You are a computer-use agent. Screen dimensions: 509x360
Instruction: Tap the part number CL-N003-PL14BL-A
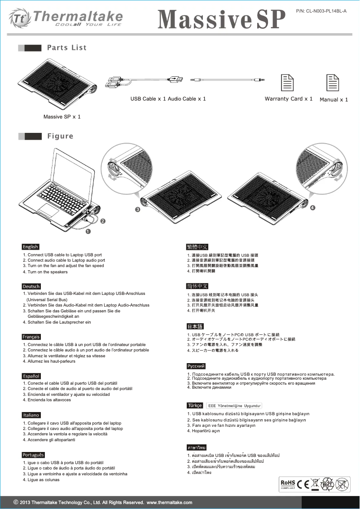pyautogui.click(x=321, y=10)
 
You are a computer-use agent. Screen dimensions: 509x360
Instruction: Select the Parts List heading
pyautogui.click(x=66, y=48)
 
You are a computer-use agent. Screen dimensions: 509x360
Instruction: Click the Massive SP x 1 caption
pyautogui.click(x=62, y=117)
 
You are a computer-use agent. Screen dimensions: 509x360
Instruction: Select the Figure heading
pyautogui.click(x=60, y=136)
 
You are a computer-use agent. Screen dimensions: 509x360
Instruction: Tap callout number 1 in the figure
pyautogui.click(x=88, y=232)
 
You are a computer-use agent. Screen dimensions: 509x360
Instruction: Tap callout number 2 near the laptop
pyautogui.click(x=103, y=221)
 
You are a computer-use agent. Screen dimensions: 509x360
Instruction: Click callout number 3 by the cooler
pyautogui.click(x=138, y=210)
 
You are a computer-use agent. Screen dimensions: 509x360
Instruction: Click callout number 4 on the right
pyautogui.click(x=312, y=208)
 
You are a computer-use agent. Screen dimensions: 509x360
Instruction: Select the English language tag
pyautogui.click(x=31, y=247)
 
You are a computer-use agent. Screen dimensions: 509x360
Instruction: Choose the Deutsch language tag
pyautogui.click(x=31, y=286)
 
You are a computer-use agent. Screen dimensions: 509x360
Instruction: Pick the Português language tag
pyautogui.click(x=33, y=455)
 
